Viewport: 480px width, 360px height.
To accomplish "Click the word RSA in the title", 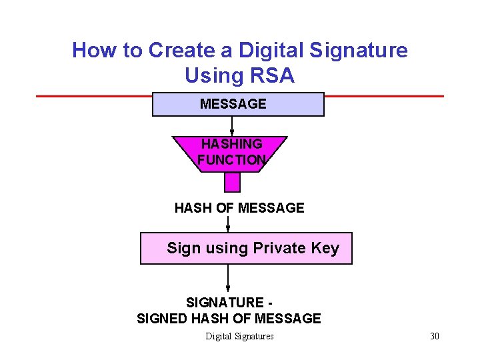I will [272, 76].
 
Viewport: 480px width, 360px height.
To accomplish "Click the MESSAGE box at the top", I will [238, 105].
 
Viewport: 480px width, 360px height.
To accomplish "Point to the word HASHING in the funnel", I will [231, 144].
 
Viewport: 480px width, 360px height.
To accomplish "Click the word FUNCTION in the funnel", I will [231, 160].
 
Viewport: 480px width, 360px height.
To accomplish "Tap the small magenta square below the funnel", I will [232, 182].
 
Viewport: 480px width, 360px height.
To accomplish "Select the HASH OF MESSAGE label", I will [239, 208].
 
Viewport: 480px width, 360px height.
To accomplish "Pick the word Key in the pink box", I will [325, 249].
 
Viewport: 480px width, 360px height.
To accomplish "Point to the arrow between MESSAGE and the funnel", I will [232, 126].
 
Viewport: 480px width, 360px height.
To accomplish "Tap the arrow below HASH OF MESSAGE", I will [228, 224].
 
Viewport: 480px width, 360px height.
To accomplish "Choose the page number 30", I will [435, 336].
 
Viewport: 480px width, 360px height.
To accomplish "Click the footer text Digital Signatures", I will [239, 336].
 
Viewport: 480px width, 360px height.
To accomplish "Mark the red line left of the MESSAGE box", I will [93, 96].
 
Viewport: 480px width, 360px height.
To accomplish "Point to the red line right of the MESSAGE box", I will [383, 96].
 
